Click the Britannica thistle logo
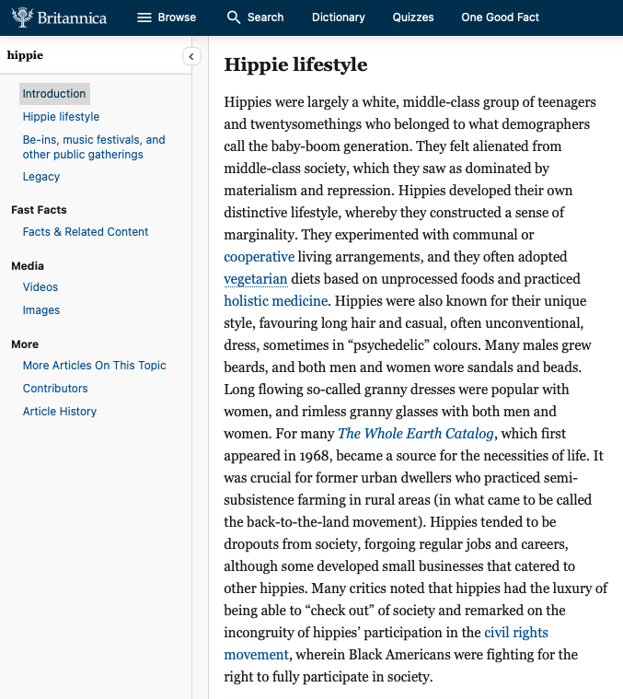[23, 17]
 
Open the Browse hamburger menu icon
[144, 17]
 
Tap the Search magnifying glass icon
[234, 17]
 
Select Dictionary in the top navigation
[339, 17]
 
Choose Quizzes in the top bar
[413, 17]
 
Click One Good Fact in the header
[501, 17]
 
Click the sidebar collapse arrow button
[191, 56]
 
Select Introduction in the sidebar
[54, 94]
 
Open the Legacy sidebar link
[41, 177]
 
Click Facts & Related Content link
[86, 232]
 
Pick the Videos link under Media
[40, 287]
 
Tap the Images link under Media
[41, 310]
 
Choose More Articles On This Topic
[95, 366]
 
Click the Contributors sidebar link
[55, 389]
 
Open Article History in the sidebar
[60, 412]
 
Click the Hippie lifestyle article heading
[295, 64]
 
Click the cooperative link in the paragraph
[260, 257]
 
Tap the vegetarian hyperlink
[256, 279]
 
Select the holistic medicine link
[275, 301]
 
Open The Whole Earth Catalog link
[416, 434]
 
